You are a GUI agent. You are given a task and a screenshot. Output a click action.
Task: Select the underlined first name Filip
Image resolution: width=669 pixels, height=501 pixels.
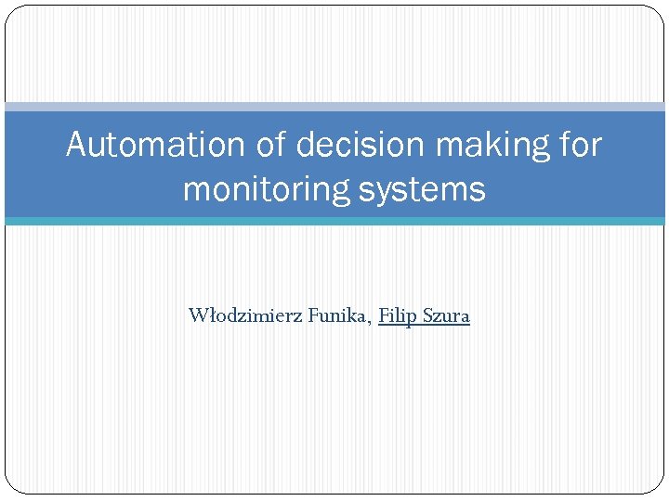coord(398,316)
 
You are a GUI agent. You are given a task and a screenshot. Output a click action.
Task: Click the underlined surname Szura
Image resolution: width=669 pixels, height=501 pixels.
coord(446,315)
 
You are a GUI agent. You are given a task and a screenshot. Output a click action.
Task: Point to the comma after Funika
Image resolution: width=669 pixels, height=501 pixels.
coord(372,321)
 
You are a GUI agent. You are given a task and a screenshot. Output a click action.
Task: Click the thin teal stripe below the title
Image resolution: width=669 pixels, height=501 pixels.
coord(334,221)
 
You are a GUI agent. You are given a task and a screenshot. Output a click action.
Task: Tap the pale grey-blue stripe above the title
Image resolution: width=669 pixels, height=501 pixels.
coord(334,107)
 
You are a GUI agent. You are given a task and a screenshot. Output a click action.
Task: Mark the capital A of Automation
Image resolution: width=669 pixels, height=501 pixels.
coord(77,145)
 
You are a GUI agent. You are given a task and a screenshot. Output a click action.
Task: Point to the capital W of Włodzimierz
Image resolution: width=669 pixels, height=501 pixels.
coord(198,315)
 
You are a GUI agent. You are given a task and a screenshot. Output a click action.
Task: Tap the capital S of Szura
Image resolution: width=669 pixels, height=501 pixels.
coord(428,315)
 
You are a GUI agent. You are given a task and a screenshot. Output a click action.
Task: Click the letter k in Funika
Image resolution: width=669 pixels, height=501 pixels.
coord(356,315)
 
